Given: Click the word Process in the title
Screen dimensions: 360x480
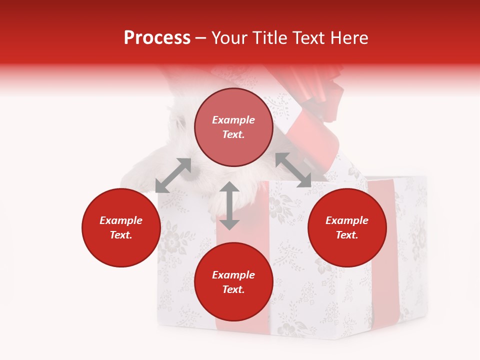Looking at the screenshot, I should pyautogui.click(x=157, y=38).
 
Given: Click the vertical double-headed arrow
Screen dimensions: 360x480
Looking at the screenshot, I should pyautogui.click(x=229, y=205).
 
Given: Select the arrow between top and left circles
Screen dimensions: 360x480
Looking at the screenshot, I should pyautogui.click(x=173, y=175).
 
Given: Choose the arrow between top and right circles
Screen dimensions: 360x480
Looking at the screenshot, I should pyautogui.click(x=293, y=170).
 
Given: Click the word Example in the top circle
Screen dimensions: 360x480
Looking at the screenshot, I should pyautogui.click(x=233, y=120).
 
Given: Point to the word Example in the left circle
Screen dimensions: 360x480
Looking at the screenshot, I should pyautogui.click(x=121, y=220).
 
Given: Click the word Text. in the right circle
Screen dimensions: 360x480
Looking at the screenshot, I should pyautogui.click(x=347, y=235).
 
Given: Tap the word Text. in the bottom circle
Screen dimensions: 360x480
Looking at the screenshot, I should pyautogui.click(x=233, y=289).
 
